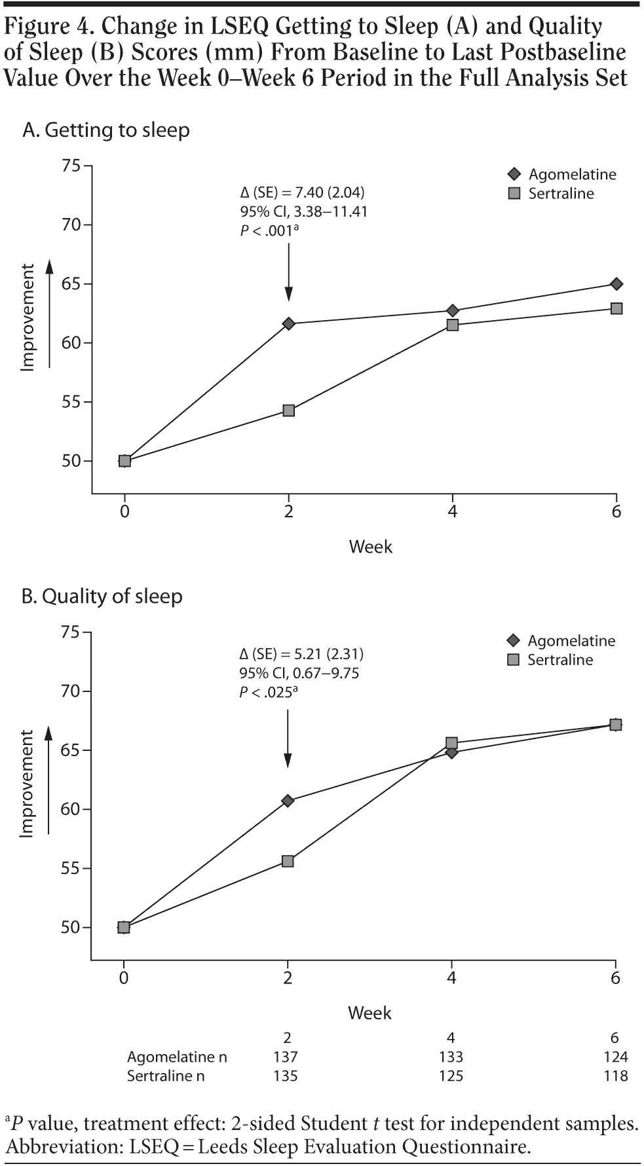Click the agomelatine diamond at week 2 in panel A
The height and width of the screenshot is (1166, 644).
tap(288, 323)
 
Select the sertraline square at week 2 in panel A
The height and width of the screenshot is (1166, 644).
tap(288, 410)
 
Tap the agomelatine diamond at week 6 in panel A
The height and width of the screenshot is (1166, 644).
tap(616, 284)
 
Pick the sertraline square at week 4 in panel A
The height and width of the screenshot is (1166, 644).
tap(452, 325)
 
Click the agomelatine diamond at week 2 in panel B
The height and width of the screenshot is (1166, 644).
tap(288, 801)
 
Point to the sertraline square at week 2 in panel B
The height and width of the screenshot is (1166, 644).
tap(288, 861)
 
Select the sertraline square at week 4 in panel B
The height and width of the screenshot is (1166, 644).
tap(451, 743)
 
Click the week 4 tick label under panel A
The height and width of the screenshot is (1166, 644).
tap(452, 511)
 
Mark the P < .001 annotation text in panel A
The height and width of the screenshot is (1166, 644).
tap(269, 230)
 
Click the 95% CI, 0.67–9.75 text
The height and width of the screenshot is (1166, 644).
tap(299, 673)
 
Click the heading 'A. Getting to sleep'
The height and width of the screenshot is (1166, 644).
tap(106, 130)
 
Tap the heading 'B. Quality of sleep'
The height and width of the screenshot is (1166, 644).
tap(102, 596)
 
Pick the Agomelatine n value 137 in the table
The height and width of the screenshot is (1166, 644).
tap(286, 1057)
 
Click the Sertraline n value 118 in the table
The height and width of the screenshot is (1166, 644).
tap(615, 1076)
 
